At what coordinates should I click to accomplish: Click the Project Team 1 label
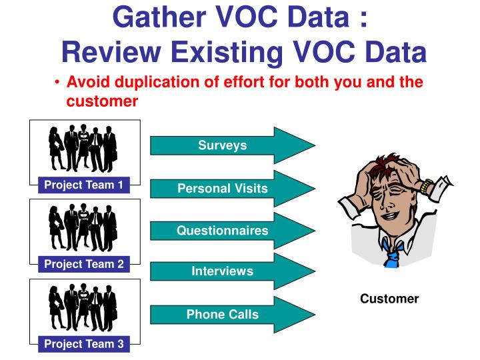click(84, 185)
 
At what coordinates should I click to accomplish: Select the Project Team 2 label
click(84, 265)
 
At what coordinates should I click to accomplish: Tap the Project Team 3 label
click(84, 344)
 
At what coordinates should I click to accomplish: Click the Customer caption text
click(389, 299)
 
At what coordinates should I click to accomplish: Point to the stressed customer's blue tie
click(393, 254)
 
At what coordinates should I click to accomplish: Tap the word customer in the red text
click(102, 101)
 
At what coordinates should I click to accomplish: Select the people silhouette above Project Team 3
click(83, 307)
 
